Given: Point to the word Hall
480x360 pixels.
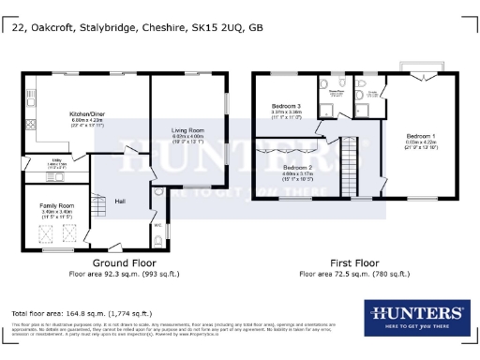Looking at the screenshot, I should [120, 200].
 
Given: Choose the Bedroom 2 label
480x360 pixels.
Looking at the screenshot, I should [297, 168].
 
